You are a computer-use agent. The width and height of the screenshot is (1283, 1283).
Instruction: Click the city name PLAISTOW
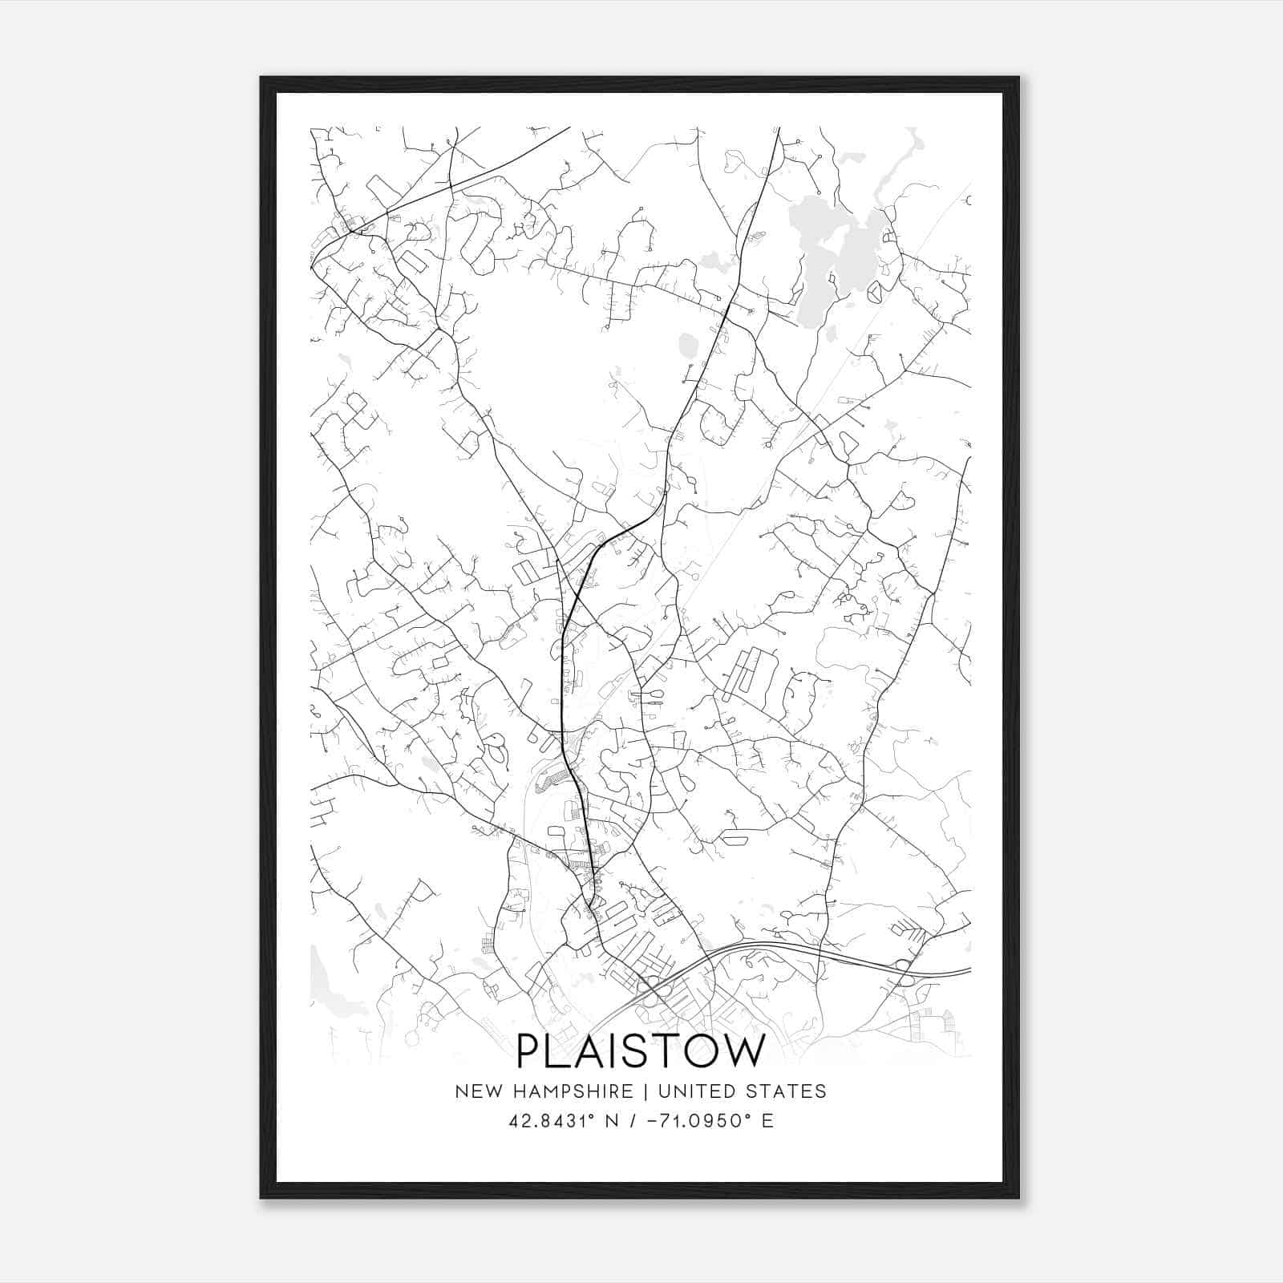point(641,1050)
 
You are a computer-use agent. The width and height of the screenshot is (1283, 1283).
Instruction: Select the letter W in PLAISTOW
point(741,1050)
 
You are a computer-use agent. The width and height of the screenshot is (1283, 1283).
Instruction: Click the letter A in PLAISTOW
point(583,1050)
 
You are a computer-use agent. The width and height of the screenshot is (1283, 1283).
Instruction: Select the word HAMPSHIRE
point(570,1091)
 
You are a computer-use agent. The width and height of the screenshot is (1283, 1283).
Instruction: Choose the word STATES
point(788,1091)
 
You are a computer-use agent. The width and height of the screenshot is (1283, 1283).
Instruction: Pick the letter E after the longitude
point(767,1120)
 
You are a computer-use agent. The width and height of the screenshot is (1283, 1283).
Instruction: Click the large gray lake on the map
point(834,249)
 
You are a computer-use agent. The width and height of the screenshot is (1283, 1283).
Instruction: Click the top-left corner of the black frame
point(262,79)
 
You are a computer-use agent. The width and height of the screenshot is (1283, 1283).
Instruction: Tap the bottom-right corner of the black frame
point(1018,1196)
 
